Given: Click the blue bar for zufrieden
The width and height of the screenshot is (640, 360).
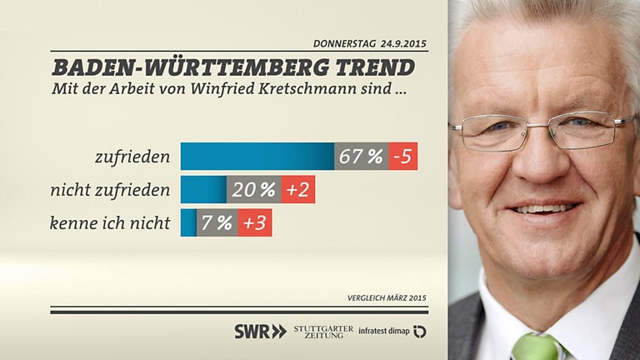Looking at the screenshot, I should (x=257, y=157).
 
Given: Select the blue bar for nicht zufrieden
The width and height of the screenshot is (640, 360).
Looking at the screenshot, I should (x=203, y=190).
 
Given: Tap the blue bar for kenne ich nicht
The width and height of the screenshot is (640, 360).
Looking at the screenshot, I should (x=188, y=223).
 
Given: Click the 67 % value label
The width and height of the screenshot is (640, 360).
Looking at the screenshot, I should (x=362, y=157).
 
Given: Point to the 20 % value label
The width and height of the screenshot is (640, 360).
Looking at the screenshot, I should (x=254, y=190).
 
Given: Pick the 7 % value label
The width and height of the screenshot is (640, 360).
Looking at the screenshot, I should (x=217, y=223).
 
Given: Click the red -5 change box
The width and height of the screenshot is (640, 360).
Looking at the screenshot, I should (x=403, y=157).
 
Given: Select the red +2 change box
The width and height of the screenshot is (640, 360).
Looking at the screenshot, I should (x=297, y=190).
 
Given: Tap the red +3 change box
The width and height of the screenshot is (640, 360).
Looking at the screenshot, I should (x=255, y=223).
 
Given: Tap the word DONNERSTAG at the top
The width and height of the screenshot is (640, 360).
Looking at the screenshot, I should (x=344, y=43).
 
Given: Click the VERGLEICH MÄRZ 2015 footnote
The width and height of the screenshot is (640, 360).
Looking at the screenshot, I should (x=387, y=298).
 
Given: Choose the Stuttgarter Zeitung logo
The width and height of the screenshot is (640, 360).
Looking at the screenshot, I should (x=323, y=331).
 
